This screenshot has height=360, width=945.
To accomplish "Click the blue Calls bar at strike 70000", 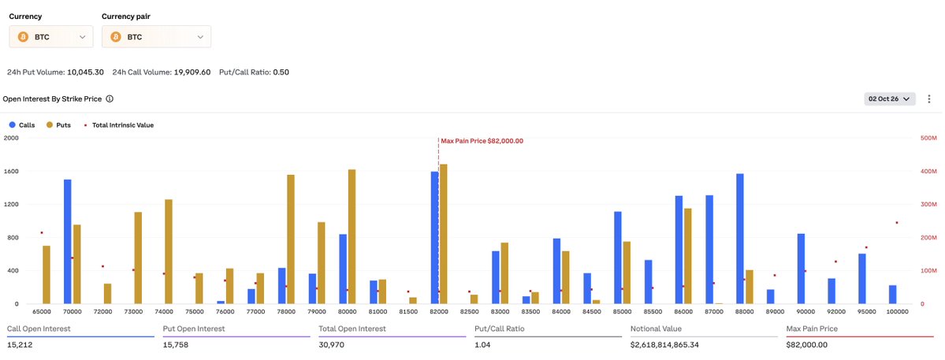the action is click(x=68, y=241).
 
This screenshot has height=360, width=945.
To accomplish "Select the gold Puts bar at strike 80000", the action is click(x=352, y=236).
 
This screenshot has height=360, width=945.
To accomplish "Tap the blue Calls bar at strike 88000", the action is click(x=739, y=239).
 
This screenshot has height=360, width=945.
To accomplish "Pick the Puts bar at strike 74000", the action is click(x=169, y=251).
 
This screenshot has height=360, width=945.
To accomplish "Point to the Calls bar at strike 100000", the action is click(x=892, y=295).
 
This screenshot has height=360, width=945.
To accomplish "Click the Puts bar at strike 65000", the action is click(x=47, y=274).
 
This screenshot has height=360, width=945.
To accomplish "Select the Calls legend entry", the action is click(x=22, y=125).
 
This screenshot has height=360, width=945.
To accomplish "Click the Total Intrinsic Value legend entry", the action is click(x=119, y=125).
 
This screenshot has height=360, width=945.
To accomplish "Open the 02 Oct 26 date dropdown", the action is click(x=890, y=98).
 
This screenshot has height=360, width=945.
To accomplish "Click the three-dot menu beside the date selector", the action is click(x=929, y=98).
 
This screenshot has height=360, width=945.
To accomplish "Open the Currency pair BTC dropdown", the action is click(x=156, y=37).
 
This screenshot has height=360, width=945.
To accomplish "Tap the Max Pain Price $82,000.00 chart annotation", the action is click(x=482, y=141).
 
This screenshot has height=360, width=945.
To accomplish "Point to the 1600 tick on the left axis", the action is click(x=12, y=171).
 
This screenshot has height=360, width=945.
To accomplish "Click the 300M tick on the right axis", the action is click(x=929, y=205).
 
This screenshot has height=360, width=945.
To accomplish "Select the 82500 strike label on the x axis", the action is click(x=469, y=313).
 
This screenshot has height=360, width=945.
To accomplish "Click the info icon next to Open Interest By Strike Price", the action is click(x=110, y=98).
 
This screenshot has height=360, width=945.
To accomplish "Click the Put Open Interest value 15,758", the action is click(x=176, y=345).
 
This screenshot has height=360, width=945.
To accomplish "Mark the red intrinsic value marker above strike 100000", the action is click(x=897, y=223).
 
